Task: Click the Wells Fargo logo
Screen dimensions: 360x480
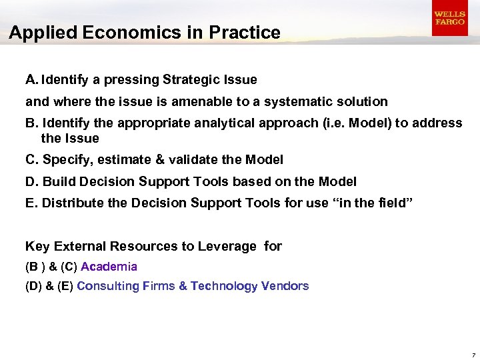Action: point(449,18)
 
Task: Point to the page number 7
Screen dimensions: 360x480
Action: point(473,354)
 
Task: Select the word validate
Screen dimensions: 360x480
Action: point(191,160)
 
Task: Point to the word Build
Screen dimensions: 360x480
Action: point(59,181)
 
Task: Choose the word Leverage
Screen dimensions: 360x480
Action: point(227,247)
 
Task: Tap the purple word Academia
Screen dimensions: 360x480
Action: point(109,267)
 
